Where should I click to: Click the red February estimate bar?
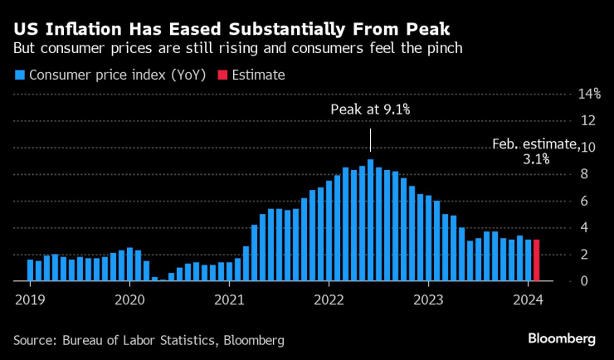(537, 260)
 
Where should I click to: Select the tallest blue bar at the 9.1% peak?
(370, 220)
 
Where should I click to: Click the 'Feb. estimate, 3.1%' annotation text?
(534, 151)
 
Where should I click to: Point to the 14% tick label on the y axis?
(589, 94)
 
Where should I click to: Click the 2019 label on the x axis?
(30, 299)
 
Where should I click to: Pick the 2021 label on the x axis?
(229, 299)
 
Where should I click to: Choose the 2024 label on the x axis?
(529, 299)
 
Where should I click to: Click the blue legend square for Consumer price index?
(20, 75)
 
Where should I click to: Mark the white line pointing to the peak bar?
(370, 139)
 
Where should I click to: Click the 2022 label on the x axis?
(329, 299)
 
